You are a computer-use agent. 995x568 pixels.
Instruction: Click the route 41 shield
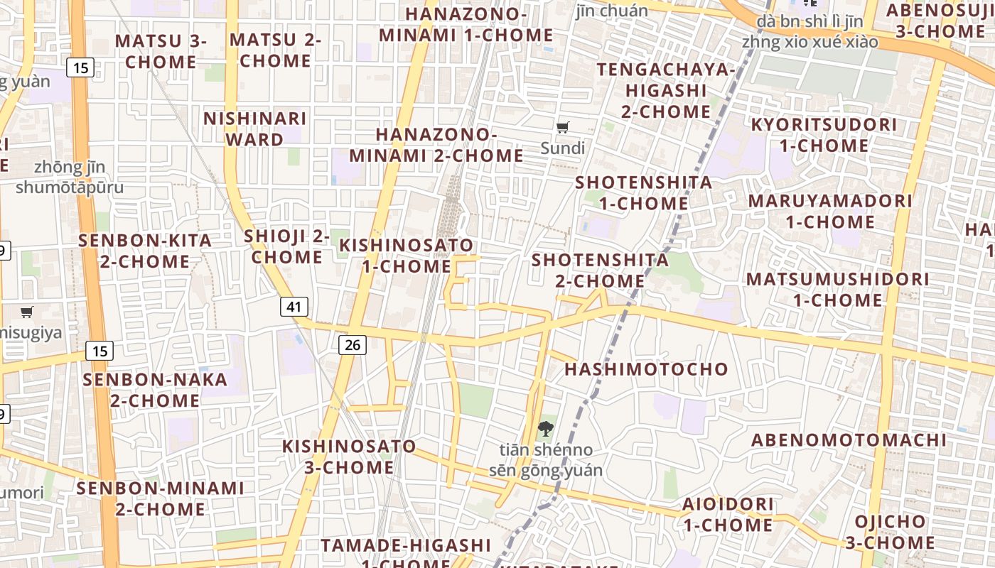tap(294, 307)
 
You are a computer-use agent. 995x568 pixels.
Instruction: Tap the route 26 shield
tap(352, 345)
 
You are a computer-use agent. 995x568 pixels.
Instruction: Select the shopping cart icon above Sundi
tap(563, 127)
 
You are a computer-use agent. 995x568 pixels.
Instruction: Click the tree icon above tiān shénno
tap(545, 428)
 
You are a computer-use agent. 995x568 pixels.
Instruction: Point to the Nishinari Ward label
tap(255, 129)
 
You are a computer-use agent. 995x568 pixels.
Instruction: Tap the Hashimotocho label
tap(647, 369)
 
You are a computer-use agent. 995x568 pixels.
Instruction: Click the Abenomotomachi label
tap(849, 440)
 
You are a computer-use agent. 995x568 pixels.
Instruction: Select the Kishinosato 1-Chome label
tap(407, 256)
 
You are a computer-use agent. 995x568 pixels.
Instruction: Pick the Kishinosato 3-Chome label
tap(349, 457)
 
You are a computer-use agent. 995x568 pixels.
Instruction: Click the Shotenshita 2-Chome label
tap(601, 271)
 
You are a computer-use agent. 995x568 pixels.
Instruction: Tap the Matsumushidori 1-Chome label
tap(838, 290)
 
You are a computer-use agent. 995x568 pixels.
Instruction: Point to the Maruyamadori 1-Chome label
tap(830, 211)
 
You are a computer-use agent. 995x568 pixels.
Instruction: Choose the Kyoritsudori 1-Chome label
tap(824, 135)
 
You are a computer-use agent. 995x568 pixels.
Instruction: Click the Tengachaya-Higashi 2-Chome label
tap(666, 90)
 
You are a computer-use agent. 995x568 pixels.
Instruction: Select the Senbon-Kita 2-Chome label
tap(145, 251)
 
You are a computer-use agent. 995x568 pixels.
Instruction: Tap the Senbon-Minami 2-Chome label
tap(160, 498)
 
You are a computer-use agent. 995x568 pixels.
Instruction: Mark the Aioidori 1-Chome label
tap(728, 515)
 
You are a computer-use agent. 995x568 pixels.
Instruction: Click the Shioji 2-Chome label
tap(287, 246)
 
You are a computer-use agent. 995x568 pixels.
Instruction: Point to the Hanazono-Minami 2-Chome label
tap(436, 145)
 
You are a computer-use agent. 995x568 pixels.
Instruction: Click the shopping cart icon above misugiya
tap(27, 312)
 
